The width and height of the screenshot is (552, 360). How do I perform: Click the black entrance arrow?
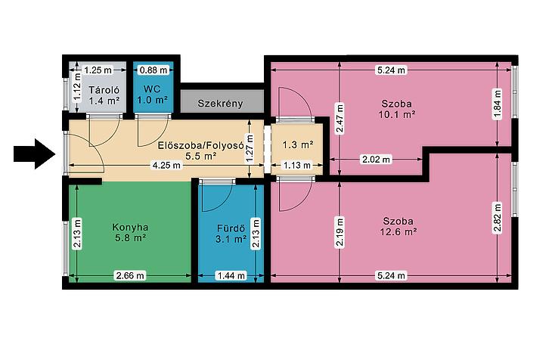pos(35,154)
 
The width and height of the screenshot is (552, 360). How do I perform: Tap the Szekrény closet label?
pos(220,104)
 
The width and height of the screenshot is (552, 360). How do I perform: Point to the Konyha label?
pos(130,227)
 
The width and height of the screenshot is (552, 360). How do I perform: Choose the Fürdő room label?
pos(231,228)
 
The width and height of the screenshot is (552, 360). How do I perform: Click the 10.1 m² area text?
pos(397,114)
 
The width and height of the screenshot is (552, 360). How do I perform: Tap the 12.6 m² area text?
pos(398,231)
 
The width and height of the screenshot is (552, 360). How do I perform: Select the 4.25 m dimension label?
pos(166,165)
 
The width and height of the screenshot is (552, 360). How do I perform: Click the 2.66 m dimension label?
pos(130,275)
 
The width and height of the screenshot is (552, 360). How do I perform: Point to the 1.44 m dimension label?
pos(231,275)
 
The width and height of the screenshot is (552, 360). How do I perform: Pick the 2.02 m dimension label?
pos(377,160)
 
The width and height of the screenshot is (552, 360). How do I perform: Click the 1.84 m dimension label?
pos(497,104)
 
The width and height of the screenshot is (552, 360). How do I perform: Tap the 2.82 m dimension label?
pos(497,217)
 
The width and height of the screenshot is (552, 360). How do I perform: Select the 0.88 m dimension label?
pos(154,70)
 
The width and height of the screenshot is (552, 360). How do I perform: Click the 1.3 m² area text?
pos(298,144)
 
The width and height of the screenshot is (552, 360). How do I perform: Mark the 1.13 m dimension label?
pos(297,165)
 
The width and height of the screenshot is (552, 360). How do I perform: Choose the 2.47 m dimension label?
pos(340,118)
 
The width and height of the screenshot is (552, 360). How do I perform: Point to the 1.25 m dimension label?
pos(98,70)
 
